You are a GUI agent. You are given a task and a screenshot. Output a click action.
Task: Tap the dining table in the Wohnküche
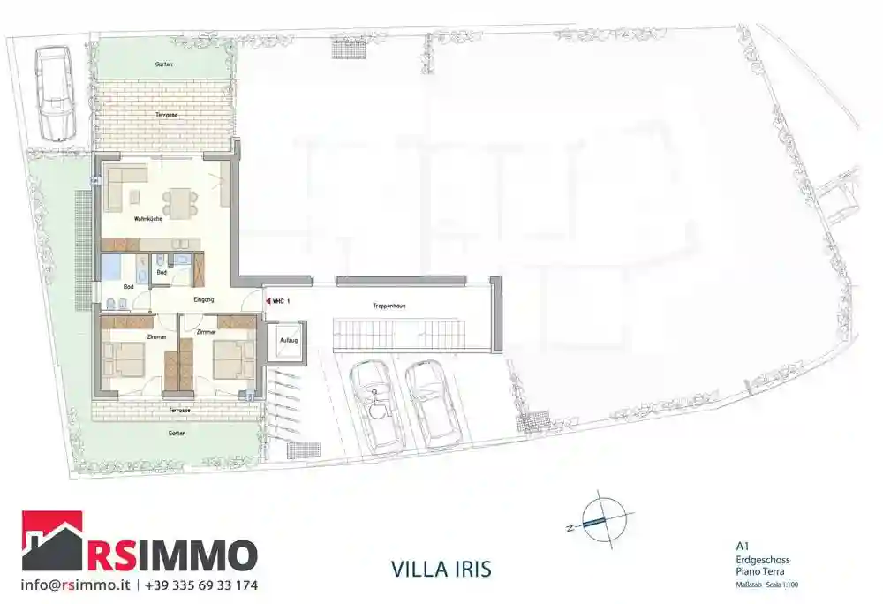pyautogui.click(x=179, y=202)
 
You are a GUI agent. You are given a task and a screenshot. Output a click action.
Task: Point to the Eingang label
pyautogui.click(x=204, y=301)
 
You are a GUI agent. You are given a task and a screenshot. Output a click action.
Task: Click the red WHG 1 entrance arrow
pyautogui.click(x=268, y=300)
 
